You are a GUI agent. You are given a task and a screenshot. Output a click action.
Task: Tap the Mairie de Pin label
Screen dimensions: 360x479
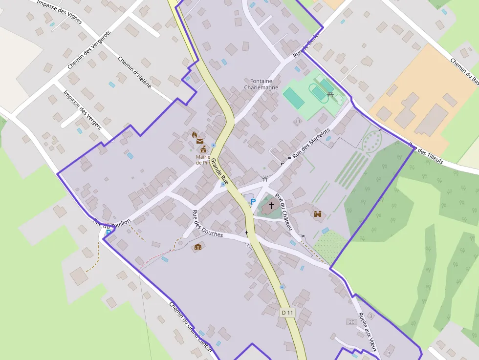pyautogui.click(x=203, y=160)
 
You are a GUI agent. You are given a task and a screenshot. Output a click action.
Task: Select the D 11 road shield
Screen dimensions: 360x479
pyautogui.click(x=288, y=312)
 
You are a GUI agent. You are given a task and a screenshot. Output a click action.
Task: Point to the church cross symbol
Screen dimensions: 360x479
pyautogui.click(x=272, y=206)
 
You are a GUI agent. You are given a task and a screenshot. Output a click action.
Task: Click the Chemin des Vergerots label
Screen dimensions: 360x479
pyautogui.click(x=89, y=49)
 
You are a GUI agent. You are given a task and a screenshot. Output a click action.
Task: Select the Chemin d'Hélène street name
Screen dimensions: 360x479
pyautogui.click(x=135, y=72)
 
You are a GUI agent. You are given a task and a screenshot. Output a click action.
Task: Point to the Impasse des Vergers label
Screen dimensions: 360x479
pyautogui.click(x=83, y=110)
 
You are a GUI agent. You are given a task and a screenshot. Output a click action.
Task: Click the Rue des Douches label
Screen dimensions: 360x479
pyautogui.click(x=207, y=224)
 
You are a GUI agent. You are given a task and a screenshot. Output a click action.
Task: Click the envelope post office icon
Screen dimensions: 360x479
pyautogui.click(x=200, y=141)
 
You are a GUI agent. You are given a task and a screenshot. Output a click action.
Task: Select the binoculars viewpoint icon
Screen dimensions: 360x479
pyautogui.click(x=318, y=213)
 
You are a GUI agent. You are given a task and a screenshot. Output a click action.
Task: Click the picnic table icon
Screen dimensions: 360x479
pyautogui.click(x=330, y=94)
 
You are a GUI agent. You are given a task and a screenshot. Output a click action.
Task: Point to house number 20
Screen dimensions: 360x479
pyautogui.click(x=351, y=321)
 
